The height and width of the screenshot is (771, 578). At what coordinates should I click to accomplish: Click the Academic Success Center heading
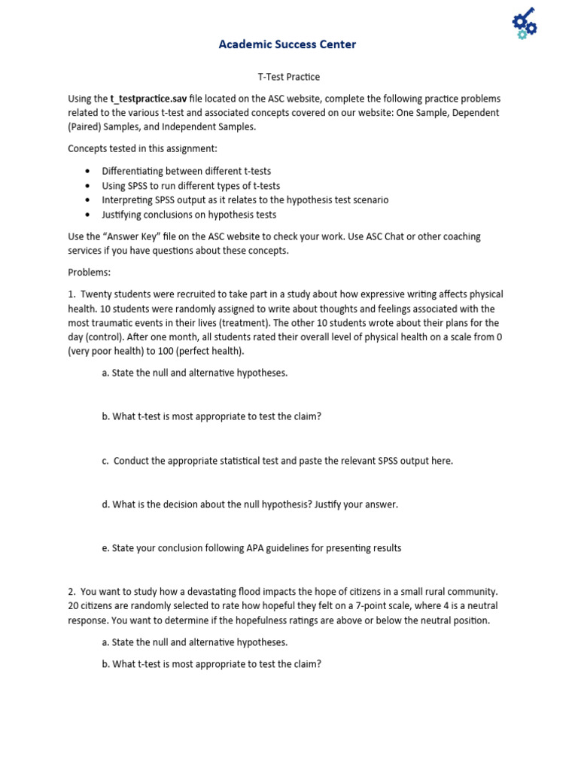click(x=287, y=44)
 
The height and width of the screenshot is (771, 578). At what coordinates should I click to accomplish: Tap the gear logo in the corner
click(x=522, y=23)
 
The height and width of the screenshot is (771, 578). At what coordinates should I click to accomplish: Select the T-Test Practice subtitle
click(x=289, y=77)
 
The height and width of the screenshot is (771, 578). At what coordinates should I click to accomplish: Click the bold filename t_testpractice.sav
click(x=148, y=99)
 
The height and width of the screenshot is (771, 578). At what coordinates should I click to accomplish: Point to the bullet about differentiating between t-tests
click(x=186, y=171)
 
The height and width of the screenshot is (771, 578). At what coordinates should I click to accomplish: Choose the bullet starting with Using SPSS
click(x=190, y=185)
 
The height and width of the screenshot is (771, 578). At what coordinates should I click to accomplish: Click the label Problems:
click(x=89, y=272)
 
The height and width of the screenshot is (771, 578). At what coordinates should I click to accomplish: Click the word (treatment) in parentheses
click(x=269, y=323)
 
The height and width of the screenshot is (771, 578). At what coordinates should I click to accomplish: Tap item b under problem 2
click(x=211, y=664)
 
